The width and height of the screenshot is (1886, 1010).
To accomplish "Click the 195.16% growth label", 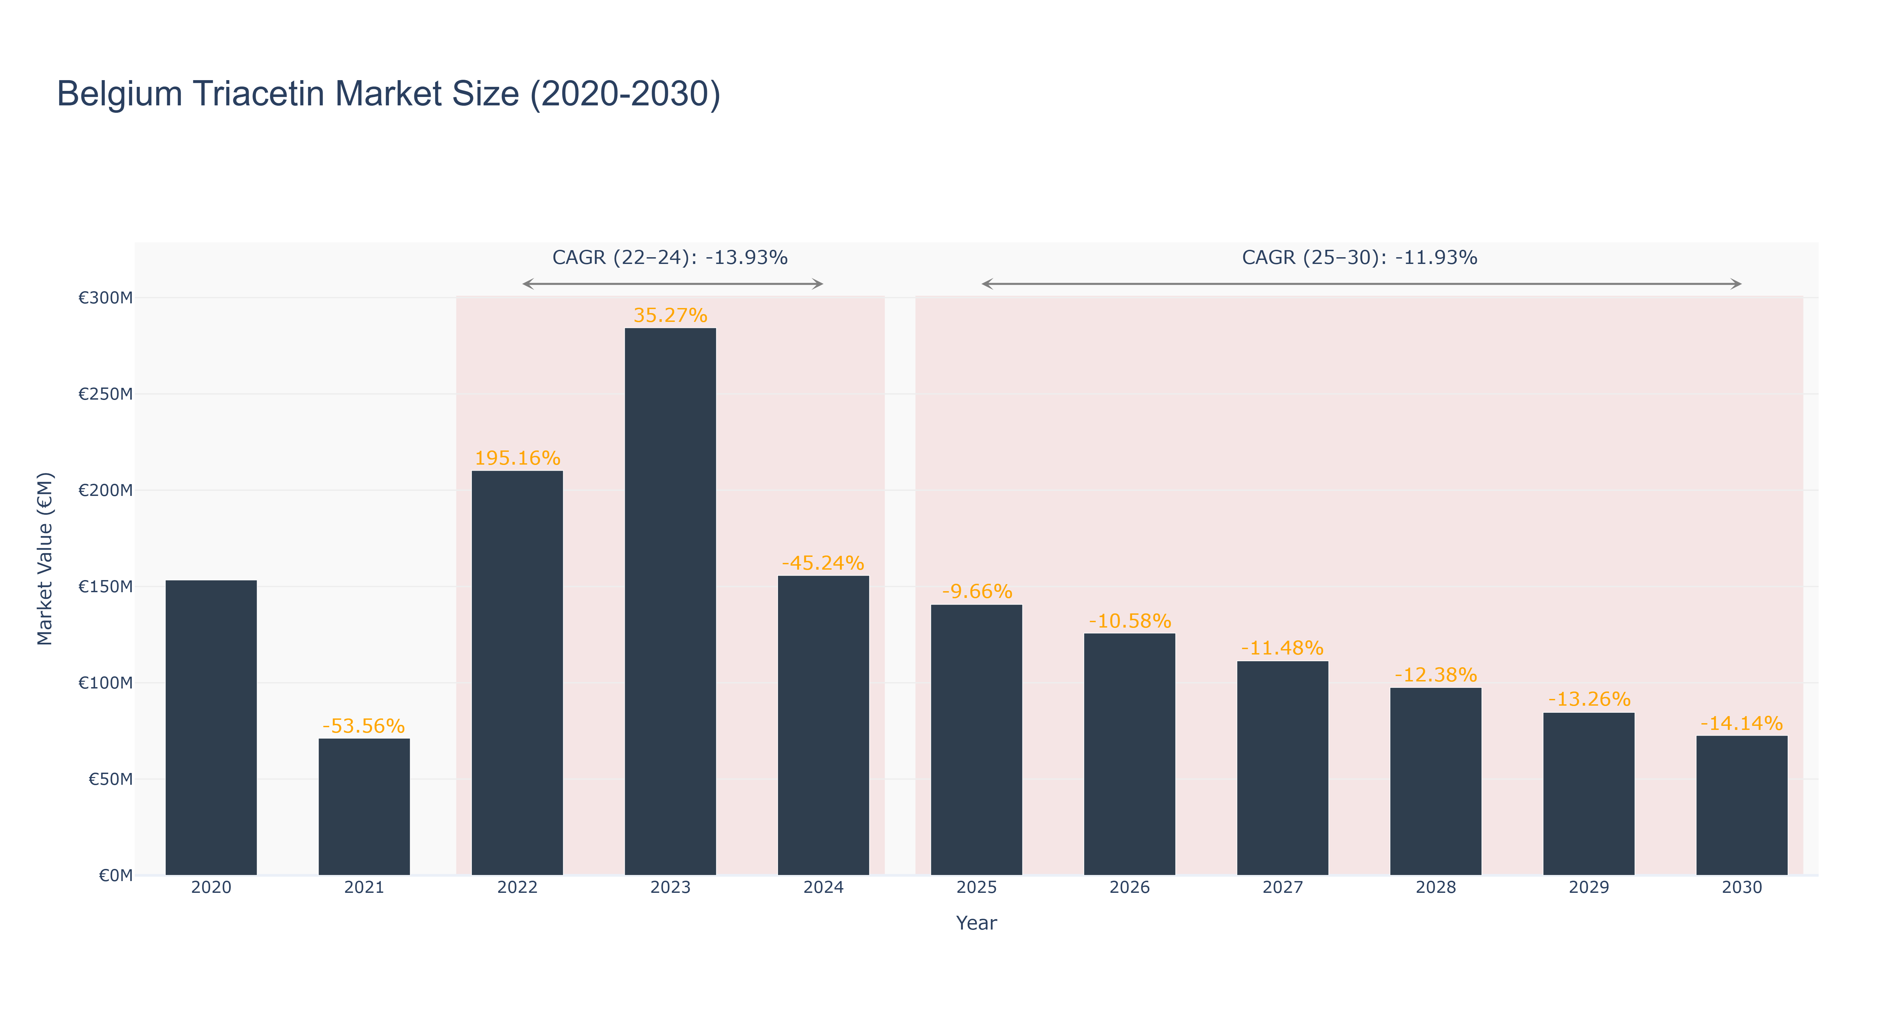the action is click(518, 458).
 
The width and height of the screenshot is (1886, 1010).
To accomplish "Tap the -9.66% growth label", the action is click(977, 592).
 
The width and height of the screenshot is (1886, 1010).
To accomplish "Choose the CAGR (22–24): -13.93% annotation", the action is click(670, 258).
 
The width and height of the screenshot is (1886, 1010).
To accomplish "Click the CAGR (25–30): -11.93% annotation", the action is click(1360, 258).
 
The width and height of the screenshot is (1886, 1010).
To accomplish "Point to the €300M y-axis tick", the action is click(106, 298).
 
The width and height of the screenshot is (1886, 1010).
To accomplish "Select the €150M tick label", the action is click(106, 586).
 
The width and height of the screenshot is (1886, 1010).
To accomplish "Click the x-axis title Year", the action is click(977, 923).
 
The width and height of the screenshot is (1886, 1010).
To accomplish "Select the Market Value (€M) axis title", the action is click(45, 559).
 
